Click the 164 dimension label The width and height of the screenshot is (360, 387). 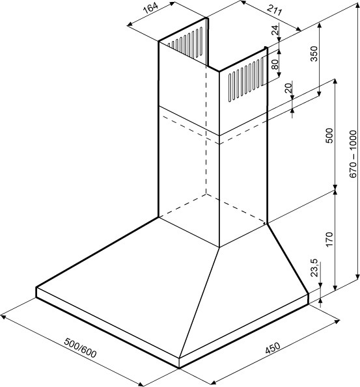(x=150, y=9)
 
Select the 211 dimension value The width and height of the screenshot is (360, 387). (x=274, y=10)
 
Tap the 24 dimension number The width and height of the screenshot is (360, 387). (x=275, y=30)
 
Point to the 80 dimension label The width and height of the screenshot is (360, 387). (x=275, y=64)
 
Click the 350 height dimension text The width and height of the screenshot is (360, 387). (x=314, y=53)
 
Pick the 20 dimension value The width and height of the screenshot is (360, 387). (x=288, y=88)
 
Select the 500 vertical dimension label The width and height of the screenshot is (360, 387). (x=329, y=135)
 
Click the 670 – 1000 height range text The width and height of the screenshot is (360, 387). (x=353, y=153)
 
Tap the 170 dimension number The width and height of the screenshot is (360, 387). (x=329, y=239)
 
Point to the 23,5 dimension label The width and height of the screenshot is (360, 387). (x=314, y=268)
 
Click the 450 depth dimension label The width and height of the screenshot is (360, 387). (x=273, y=348)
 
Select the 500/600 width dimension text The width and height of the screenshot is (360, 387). (x=80, y=348)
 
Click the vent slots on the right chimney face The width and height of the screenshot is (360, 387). (x=246, y=79)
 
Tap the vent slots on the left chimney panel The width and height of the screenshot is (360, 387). (x=185, y=42)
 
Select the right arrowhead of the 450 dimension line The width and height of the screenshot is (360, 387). (x=337, y=322)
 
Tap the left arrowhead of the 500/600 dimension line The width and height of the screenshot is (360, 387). (x=4, y=316)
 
